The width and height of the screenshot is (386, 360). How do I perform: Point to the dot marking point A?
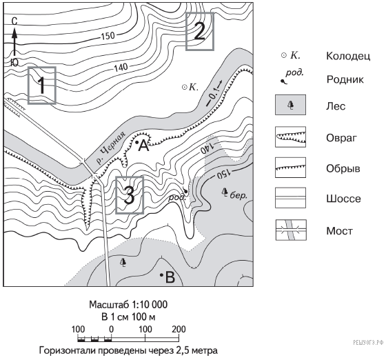137,142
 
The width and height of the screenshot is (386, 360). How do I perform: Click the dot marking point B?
162,274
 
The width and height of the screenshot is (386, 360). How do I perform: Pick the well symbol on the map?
185,87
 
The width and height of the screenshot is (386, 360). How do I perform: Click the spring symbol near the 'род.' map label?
185,191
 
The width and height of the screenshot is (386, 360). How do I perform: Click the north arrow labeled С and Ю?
14,42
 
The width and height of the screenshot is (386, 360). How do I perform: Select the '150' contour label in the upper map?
108,36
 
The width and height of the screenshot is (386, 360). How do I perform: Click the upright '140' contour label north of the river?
121,67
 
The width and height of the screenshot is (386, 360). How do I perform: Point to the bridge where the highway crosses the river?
90,168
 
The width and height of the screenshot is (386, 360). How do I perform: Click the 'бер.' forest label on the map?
238,195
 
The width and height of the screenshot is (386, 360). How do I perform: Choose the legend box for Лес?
290,105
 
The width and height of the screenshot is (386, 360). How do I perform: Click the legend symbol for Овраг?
290,137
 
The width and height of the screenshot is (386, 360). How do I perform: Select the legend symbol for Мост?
291,230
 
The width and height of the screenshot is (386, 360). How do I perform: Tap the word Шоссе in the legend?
343,199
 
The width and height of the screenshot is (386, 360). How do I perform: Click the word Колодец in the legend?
348,56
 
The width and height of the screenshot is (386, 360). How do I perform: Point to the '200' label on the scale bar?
179,329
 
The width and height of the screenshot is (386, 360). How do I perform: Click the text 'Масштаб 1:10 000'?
128,305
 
